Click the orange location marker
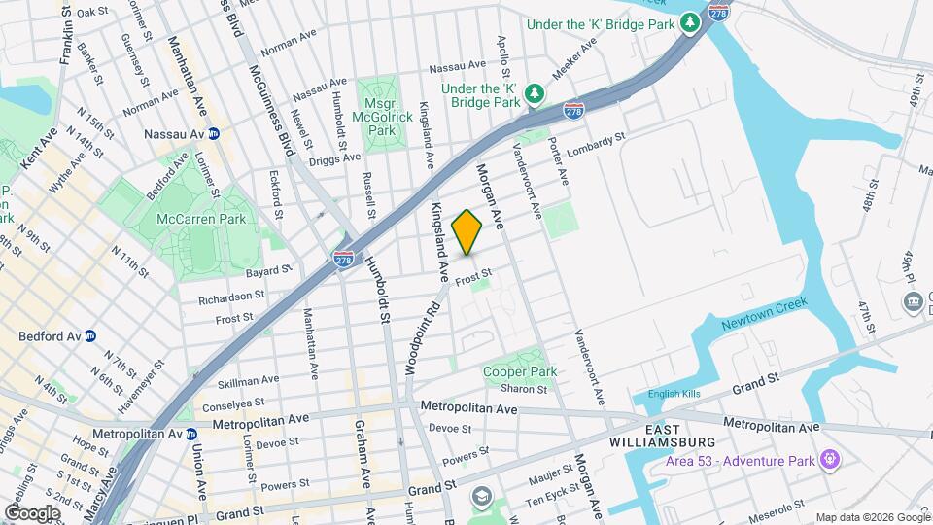coord(467,232)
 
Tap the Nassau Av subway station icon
coord(213,133)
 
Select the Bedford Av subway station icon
coord(89,336)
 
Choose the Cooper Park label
coord(520,371)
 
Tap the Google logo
coord(33,511)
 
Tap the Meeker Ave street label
coord(573,59)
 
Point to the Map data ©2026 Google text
coord(872,516)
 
